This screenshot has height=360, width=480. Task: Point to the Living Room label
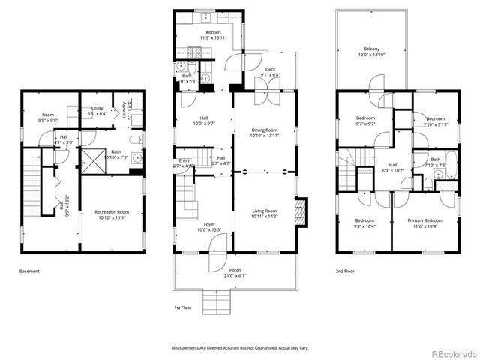tap(264, 213)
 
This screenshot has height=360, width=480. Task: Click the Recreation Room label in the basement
tap(111, 214)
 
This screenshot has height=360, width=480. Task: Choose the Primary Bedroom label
tap(424, 222)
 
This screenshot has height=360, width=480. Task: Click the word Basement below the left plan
tap(29, 271)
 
